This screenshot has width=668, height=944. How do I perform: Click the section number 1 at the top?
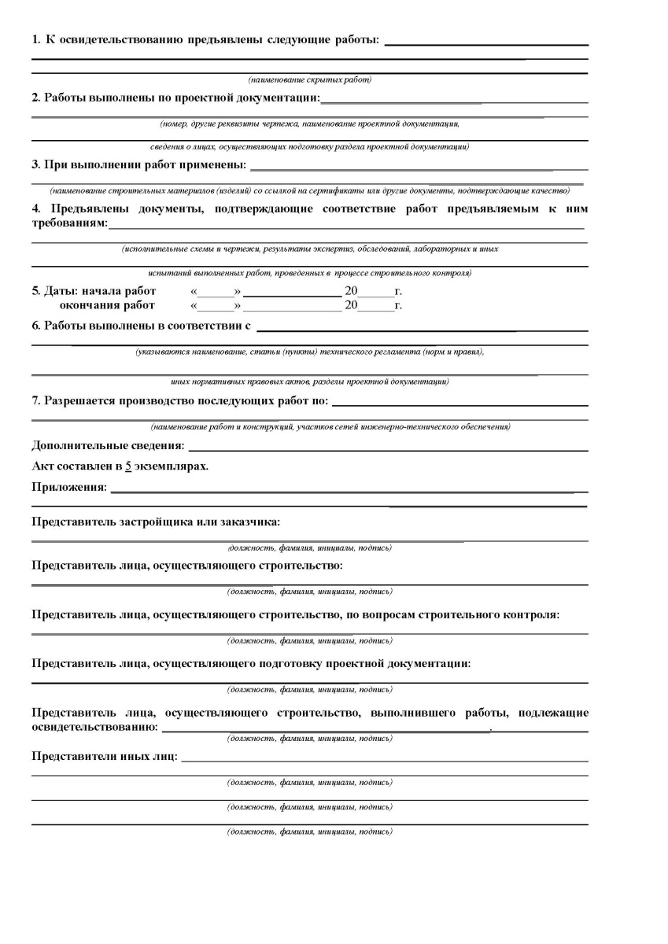tap(35, 39)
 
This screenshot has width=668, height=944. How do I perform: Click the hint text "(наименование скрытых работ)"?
tap(309, 80)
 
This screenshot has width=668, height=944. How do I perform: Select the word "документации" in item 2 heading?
tap(280, 98)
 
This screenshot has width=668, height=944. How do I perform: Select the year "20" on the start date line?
tap(351, 291)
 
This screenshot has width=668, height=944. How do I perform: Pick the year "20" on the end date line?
tap(351, 305)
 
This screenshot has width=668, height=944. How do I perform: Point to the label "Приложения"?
tap(68, 488)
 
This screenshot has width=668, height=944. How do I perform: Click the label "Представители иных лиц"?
tap(104, 757)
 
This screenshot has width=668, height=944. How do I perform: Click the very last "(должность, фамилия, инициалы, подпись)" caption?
tap(309, 832)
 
